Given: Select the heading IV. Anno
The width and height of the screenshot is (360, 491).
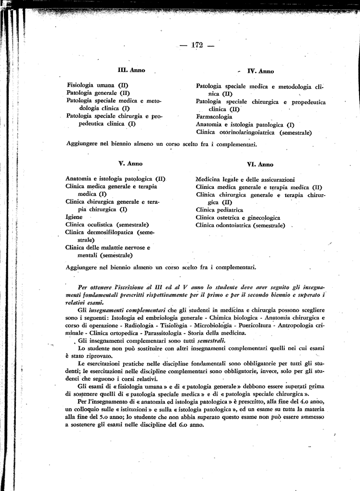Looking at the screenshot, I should (260, 71).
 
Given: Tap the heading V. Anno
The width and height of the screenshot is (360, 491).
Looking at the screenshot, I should (130, 163).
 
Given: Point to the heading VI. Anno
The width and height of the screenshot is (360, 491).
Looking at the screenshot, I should (260, 164).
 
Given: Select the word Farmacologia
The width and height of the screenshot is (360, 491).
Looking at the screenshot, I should (214, 117).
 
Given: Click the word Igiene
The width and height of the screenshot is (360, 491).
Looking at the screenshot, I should (74, 217).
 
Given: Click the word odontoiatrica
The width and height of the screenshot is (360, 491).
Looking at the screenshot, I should (233, 225).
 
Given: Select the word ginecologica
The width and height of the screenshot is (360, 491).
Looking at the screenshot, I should (262, 217).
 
